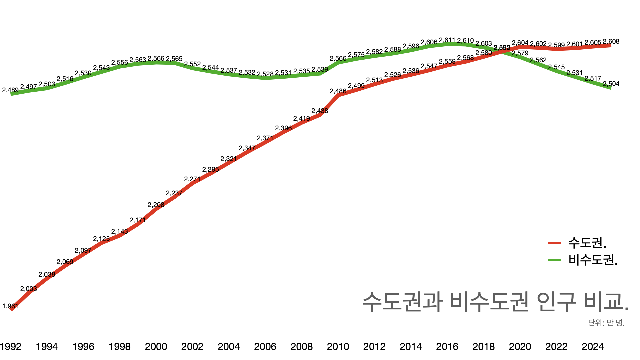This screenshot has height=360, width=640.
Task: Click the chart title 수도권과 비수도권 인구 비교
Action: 495,302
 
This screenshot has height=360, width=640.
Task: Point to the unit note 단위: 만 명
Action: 606,323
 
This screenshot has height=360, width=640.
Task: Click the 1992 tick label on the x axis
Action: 11,347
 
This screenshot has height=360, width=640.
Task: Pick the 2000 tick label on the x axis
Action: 156,347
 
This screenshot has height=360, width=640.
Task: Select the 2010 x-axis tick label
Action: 338,347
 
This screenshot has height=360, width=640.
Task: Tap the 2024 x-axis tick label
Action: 593,347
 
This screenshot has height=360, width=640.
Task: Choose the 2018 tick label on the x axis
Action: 484,347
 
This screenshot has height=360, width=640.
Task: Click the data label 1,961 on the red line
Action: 10,306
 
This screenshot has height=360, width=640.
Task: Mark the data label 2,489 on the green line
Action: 10,90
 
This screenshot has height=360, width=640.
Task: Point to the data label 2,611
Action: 447,40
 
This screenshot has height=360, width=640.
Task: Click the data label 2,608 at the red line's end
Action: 611,41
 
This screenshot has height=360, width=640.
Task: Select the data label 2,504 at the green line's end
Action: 611,84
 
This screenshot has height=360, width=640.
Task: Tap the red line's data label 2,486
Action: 338,91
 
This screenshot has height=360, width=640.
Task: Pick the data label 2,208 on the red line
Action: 156,205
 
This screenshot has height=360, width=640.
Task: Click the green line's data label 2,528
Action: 265,74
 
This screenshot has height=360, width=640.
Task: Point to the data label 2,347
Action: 247,148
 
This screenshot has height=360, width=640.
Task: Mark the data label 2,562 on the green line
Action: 538,60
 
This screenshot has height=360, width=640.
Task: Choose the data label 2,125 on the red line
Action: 101,239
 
